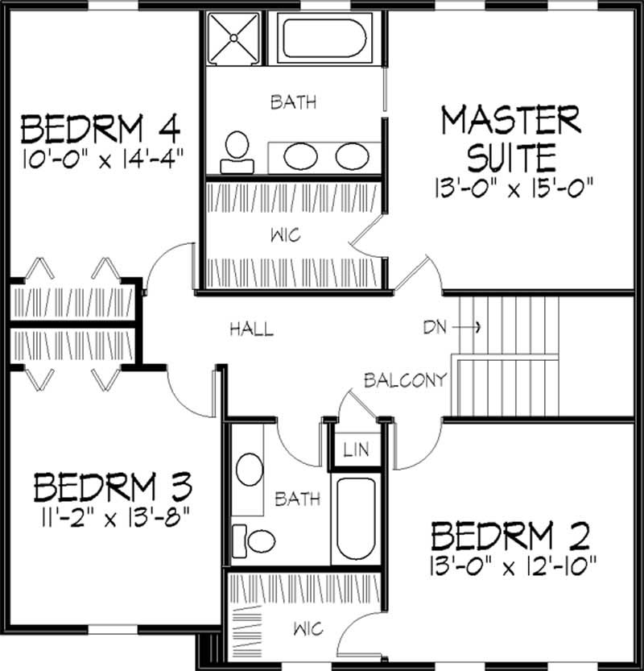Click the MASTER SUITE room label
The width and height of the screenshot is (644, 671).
(510, 136)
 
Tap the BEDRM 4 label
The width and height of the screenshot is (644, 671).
(100, 128)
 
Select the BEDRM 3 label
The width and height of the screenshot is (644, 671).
(113, 487)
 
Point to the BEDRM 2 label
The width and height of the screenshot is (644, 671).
(510, 535)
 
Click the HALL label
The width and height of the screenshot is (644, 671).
(251, 329)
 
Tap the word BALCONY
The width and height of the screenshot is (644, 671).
(404, 380)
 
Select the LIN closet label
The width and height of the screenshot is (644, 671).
(356, 449)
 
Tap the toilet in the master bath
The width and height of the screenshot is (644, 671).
(237, 153)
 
